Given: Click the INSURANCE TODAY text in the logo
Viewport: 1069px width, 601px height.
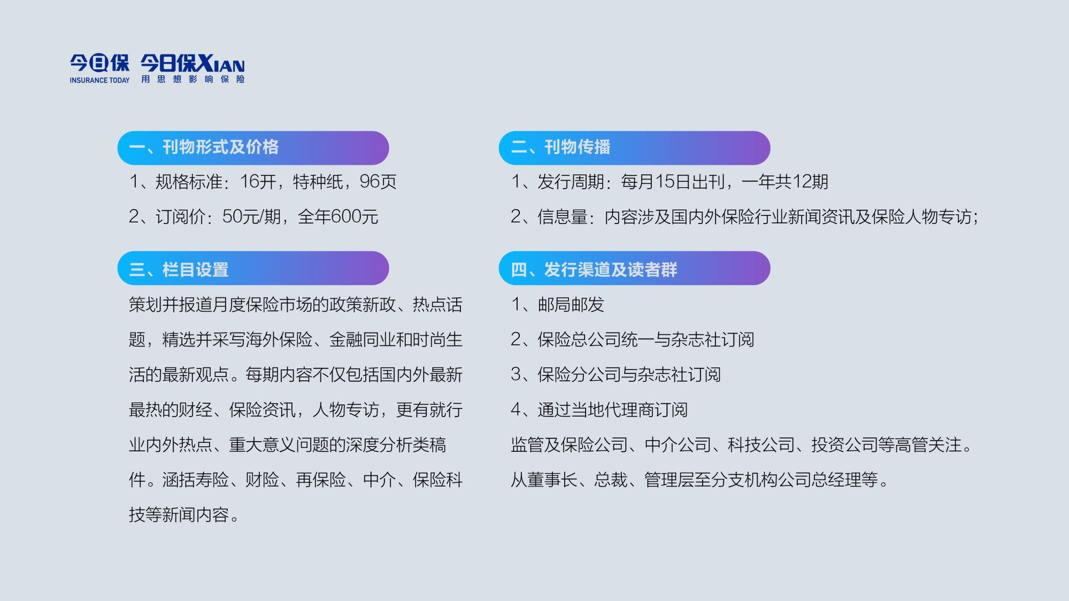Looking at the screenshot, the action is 99,80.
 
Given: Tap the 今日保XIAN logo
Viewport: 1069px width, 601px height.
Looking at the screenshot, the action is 193,64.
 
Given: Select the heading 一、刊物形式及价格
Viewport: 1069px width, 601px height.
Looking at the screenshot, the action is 204,147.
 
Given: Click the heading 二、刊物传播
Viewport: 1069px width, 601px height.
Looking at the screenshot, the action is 560,147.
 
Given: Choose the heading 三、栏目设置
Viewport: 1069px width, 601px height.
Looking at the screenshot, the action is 179,269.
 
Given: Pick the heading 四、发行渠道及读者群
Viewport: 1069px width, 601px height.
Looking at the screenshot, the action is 594,269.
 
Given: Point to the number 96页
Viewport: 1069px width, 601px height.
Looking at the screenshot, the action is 378,182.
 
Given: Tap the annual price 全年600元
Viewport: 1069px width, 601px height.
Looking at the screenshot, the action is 338,217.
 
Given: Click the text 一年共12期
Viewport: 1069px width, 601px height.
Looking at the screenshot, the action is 785,182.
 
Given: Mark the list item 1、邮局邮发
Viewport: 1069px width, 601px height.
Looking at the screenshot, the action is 558,305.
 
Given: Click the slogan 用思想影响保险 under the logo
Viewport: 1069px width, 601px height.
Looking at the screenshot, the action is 193,79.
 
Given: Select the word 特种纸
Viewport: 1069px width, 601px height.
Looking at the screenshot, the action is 318,182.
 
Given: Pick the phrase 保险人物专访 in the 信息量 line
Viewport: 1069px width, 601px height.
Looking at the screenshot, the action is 921,217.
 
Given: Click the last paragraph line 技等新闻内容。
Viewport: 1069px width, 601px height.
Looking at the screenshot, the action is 185,515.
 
